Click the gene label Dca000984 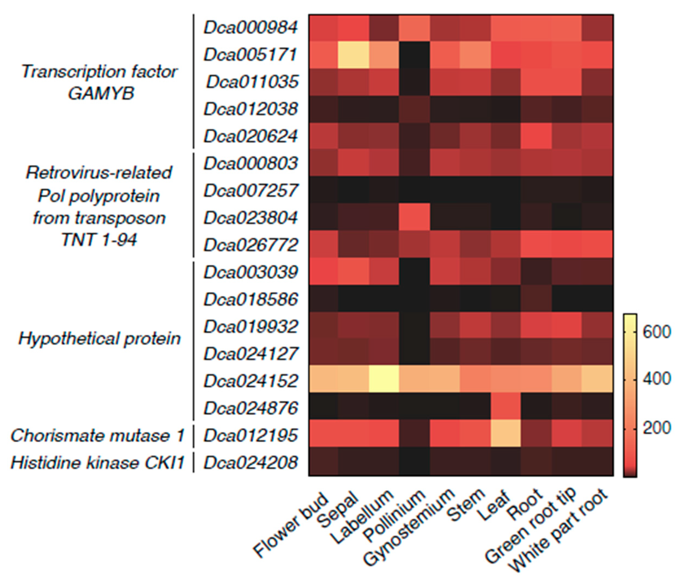point(250,28)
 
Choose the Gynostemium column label point(410,530)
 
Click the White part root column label point(559,533)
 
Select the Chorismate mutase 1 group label point(97,436)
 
